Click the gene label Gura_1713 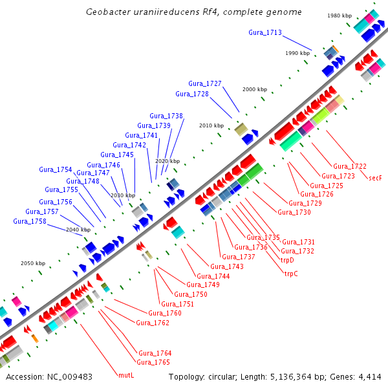point(265,32)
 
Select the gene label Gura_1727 point(205,83)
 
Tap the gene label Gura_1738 point(166,116)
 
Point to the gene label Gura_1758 point(30,221)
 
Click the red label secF point(375,177)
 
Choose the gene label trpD point(287,260)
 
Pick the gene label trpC point(291,274)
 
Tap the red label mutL point(126,375)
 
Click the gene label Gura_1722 point(350,166)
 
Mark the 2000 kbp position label point(254,89)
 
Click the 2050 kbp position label point(33,263)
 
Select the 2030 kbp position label point(122,195)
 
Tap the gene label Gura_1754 point(56,169)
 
